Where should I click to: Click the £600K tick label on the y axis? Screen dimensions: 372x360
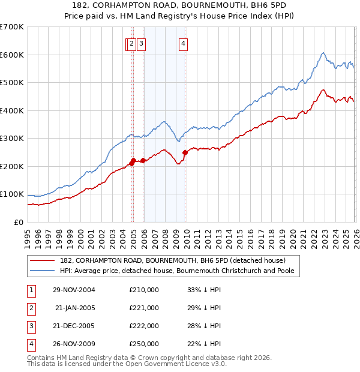pyautogui.click(x=11, y=55)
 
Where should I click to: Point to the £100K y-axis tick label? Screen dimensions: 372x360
pyautogui.click(x=11, y=194)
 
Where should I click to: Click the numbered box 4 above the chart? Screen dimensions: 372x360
pyautogui.click(x=183, y=43)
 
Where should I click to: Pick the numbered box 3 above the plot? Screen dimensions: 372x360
pyautogui.click(x=141, y=43)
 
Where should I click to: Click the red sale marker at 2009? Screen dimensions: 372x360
pyautogui.click(x=185, y=152)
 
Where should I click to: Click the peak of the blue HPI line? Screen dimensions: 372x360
pyautogui.click(x=323, y=53)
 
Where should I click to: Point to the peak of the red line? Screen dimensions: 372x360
pyautogui.click(x=323, y=91)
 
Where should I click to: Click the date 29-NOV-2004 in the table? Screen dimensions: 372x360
pyautogui.click(x=74, y=290)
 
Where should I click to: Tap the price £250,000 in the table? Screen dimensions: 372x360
pyautogui.click(x=144, y=344)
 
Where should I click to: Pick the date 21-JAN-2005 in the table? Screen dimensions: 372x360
pyautogui.click(x=74, y=308)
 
